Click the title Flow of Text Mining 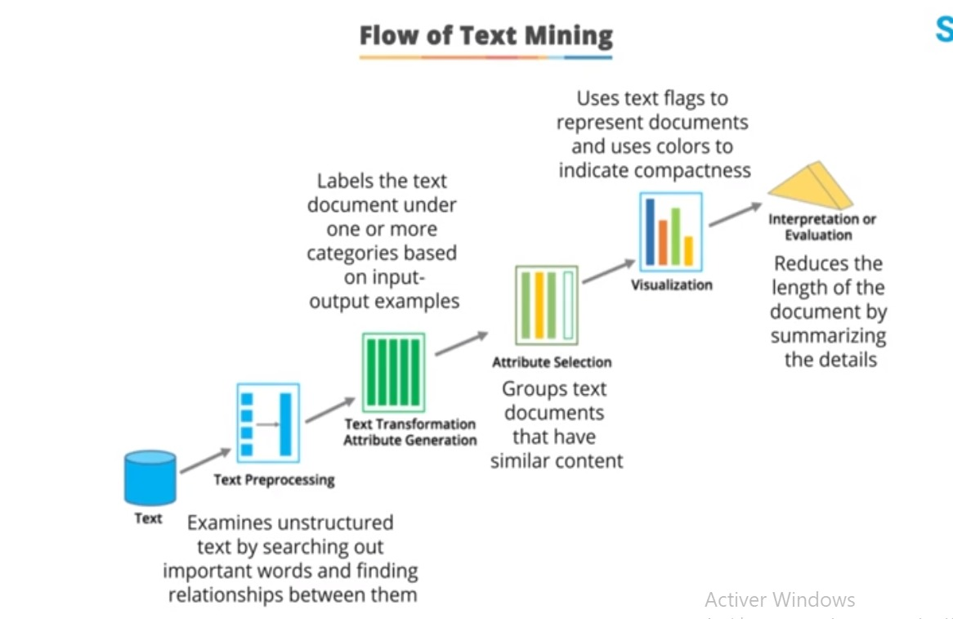(x=485, y=36)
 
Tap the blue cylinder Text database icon (x=150, y=478)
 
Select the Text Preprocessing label (x=274, y=480)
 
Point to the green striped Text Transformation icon (x=393, y=372)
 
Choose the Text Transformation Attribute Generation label (x=409, y=432)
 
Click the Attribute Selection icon (x=546, y=305)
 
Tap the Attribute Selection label (x=552, y=362)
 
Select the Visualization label (x=671, y=285)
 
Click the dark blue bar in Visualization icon (x=651, y=231)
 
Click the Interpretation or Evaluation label (x=821, y=227)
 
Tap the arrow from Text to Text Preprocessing (x=205, y=460)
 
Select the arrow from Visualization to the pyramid (x=736, y=214)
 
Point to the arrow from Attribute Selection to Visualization (x=608, y=272)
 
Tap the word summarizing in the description (x=828, y=336)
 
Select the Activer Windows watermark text (x=779, y=599)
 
